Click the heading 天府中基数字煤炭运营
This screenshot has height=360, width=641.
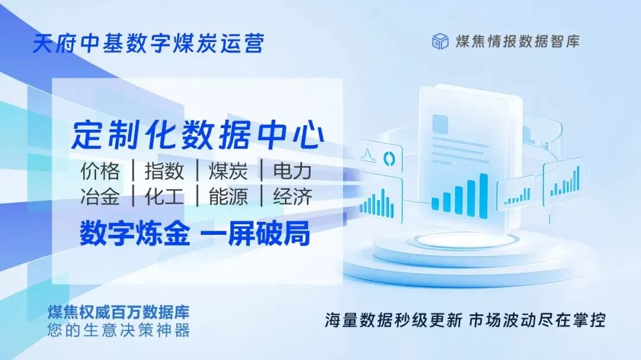148,44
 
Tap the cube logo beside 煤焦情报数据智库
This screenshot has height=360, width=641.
440,42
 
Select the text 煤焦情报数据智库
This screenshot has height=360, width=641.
517,42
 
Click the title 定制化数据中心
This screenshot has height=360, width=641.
198,136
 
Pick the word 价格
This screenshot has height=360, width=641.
100,171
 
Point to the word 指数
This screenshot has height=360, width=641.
164,171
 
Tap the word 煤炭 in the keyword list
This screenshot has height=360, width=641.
228,171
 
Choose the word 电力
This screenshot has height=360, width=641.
292,171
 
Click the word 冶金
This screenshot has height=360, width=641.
100,197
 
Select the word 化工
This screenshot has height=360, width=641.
164,197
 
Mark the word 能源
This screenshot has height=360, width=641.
228,197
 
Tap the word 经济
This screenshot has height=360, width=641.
292,197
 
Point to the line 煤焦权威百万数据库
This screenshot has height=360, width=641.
118,312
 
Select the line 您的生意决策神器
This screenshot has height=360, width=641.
118,330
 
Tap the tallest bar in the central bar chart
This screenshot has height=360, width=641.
484,192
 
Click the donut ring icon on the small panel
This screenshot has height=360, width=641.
390,158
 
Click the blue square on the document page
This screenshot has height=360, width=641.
440,124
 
